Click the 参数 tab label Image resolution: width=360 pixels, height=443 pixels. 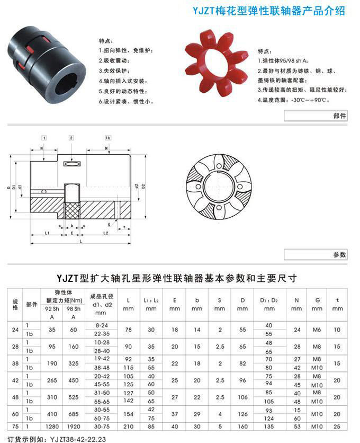pyautogui.click(x=339, y=255)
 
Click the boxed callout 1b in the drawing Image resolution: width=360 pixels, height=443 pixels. pyautogui.click(x=109, y=138)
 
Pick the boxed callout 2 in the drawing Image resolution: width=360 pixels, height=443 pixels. pyautogui.click(x=71, y=138)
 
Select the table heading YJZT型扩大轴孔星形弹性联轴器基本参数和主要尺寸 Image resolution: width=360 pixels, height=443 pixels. pyautogui.click(x=177, y=278)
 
